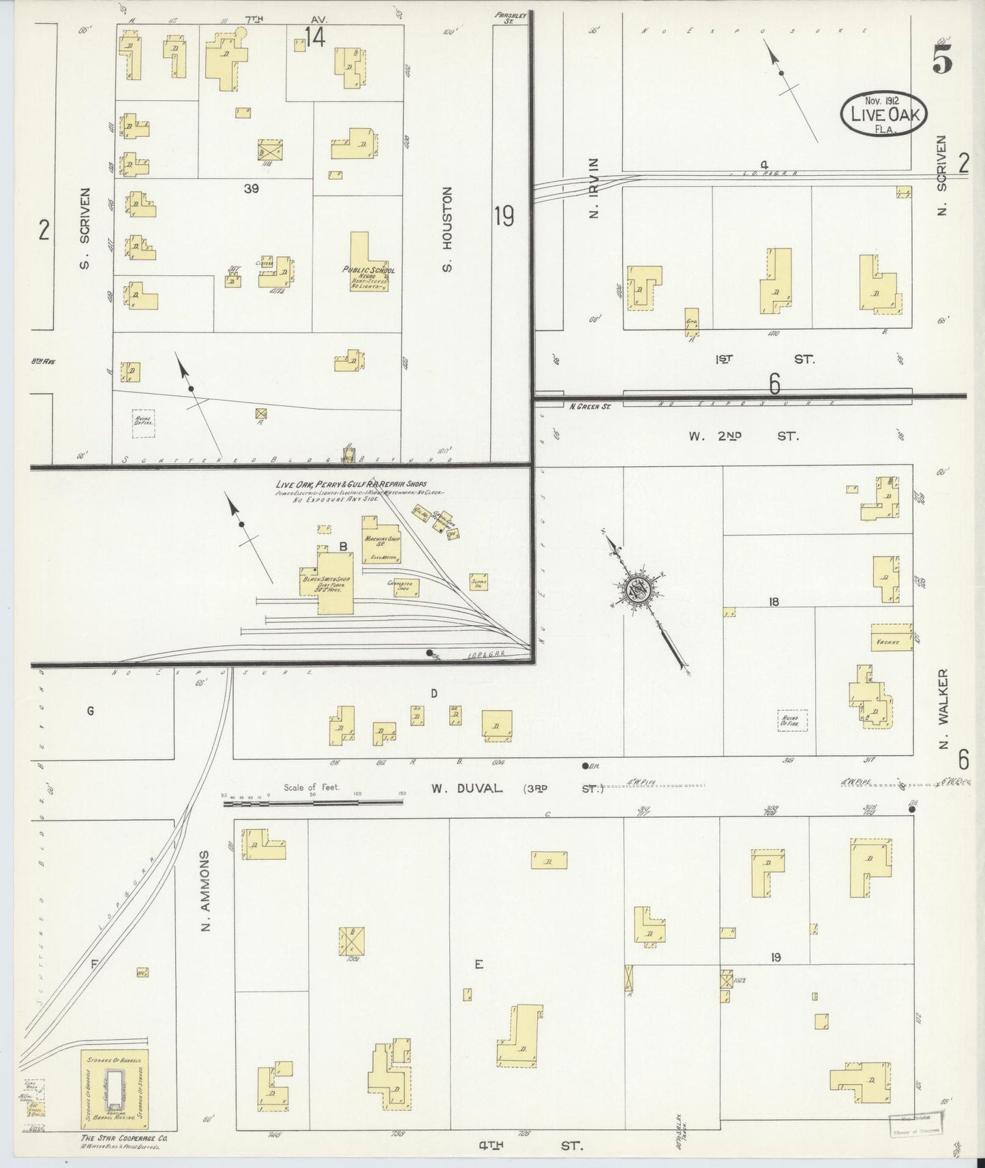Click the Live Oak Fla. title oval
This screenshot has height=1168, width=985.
tap(884, 114)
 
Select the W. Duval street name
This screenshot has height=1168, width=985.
tap(468, 788)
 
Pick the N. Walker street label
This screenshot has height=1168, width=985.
tap(944, 709)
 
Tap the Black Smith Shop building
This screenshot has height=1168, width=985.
tap(327, 581)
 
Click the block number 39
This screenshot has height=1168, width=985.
tap(252, 189)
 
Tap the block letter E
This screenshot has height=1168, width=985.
tap(479, 964)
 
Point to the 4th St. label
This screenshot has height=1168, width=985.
tap(530, 1146)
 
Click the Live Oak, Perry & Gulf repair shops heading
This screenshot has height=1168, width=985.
tap(351, 484)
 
